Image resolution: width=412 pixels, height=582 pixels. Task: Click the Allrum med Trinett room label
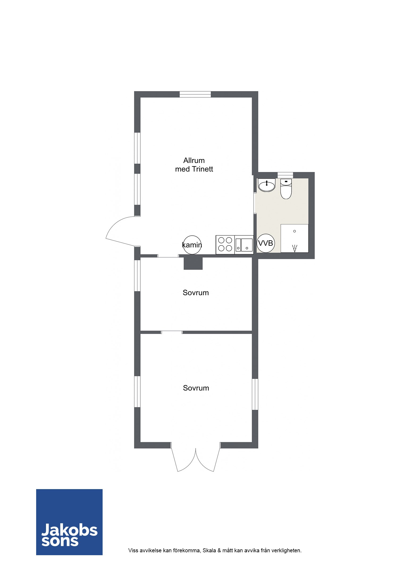(x=194, y=165)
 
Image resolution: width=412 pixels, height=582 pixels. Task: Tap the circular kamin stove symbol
(x=192, y=245)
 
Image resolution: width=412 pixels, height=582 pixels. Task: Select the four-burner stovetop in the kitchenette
(x=225, y=245)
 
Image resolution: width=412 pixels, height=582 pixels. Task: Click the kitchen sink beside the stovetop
(x=244, y=245)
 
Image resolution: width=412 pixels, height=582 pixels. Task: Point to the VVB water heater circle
(x=266, y=243)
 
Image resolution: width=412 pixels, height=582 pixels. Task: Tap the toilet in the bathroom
(x=286, y=189)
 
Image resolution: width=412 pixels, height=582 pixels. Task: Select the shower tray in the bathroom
(x=295, y=238)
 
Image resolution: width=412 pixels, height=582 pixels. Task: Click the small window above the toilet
(x=285, y=175)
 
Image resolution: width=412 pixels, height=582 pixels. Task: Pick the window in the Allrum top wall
(x=195, y=94)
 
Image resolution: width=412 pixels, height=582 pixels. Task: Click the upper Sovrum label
(x=196, y=293)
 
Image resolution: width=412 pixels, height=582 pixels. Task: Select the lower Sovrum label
(x=196, y=388)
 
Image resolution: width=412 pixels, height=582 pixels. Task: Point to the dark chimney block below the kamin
(x=193, y=263)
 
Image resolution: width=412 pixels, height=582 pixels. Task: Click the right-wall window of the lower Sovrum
(x=255, y=394)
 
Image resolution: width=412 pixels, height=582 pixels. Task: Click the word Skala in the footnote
(x=209, y=550)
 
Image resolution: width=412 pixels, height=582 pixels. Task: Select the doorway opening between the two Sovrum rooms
(x=172, y=332)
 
